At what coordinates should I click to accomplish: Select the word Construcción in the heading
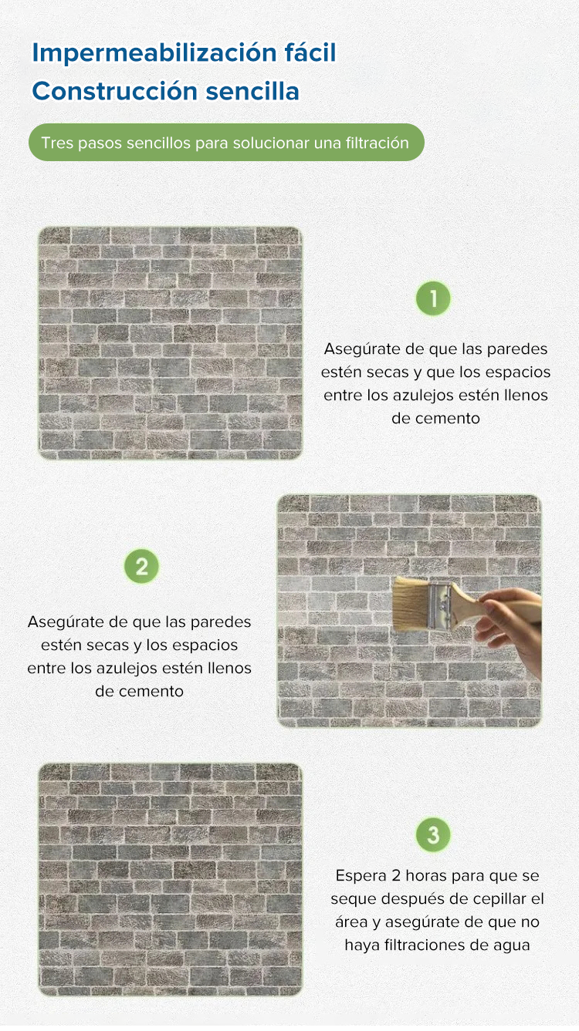115,91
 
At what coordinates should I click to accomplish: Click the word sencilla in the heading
252,91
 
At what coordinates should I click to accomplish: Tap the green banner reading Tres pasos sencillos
226,142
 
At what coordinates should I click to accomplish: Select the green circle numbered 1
433,298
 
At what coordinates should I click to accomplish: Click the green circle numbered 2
141,566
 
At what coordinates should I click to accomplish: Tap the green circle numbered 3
433,834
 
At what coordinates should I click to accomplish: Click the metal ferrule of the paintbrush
439,605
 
